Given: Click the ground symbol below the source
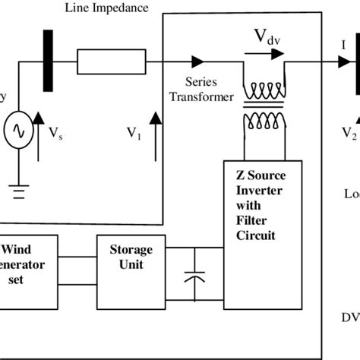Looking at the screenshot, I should click(x=17, y=190).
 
